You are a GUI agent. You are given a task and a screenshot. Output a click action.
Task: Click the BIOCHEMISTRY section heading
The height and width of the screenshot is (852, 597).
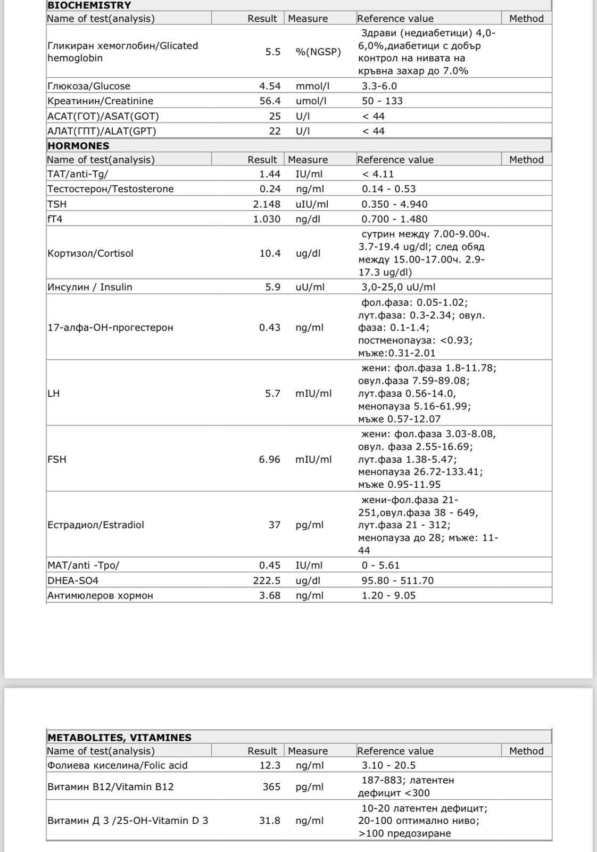[x=89, y=6]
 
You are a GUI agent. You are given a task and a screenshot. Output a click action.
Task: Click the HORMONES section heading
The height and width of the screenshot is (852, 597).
[x=78, y=146]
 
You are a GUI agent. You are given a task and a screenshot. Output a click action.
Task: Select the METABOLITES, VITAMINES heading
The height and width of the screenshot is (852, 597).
[x=119, y=738]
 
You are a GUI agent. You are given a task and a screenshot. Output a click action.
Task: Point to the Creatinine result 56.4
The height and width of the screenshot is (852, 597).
[x=270, y=101]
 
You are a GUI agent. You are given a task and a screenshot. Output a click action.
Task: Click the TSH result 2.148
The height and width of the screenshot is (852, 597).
[x=267, y=204]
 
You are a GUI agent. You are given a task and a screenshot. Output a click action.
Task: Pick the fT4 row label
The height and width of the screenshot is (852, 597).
[x=55, y=219]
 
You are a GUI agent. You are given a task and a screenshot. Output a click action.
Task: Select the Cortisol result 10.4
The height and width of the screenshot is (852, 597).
[x=270, y=253]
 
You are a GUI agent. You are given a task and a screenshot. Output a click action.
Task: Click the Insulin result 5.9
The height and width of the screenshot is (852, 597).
[x=273, y=287]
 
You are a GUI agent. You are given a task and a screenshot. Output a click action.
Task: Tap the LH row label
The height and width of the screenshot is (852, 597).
[x=53, y=394]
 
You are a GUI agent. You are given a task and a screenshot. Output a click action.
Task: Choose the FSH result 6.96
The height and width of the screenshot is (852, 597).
[x=269, y=459]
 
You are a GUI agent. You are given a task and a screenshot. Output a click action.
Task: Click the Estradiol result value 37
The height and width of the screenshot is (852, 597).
[x=274, y=525]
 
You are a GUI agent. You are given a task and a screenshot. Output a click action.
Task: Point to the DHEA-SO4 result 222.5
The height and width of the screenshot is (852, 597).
[x=267, y=580]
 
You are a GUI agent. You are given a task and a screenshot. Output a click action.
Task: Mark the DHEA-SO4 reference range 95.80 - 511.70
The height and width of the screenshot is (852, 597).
[x=397, y=580]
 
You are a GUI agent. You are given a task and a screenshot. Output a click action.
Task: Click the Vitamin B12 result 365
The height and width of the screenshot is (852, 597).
[x=271, y=787]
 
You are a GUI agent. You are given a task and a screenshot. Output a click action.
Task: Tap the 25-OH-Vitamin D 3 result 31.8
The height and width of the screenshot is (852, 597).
[x=270, y=821]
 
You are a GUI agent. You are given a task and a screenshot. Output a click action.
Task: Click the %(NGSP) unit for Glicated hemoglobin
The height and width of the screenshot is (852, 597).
[x=318, y=52]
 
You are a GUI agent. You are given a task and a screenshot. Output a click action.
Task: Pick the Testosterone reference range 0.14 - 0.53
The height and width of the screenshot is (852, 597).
[x=388, y=189]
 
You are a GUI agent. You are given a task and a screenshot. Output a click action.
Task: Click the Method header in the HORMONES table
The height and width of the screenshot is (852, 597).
[x=526, y=160]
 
